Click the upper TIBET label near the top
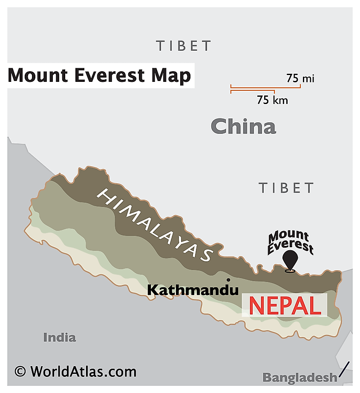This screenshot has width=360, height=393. [184, 46]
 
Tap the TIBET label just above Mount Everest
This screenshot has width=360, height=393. [286, 188]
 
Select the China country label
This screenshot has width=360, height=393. [243, 127]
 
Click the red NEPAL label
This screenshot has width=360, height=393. [284, 305]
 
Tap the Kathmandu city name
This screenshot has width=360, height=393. [193, 290]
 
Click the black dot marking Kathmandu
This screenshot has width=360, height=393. [229, 280]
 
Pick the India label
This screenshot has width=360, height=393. [59, 338]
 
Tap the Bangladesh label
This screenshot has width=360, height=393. [300, 377]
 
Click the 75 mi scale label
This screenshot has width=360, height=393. [300, 78]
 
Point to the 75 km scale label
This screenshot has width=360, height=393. [273, 100]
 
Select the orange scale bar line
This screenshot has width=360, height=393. [265, 88]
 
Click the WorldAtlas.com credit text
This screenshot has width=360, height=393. [83, 371]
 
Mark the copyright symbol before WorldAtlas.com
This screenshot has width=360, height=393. [20, 371]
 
